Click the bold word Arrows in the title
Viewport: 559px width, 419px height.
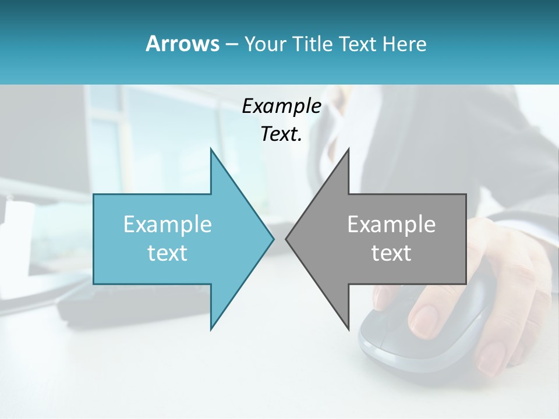182,44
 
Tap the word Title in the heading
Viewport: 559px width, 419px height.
313,44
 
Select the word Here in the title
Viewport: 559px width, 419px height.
404,44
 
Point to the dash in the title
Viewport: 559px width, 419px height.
231,44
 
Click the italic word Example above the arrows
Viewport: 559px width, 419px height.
281,106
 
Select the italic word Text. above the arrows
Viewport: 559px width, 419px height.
281,134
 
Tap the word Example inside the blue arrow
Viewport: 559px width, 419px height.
168,224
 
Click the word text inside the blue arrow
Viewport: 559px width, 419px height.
168,253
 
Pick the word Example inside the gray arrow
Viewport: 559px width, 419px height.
391,224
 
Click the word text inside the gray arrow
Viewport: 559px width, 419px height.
391,253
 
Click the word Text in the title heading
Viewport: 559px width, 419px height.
358,44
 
